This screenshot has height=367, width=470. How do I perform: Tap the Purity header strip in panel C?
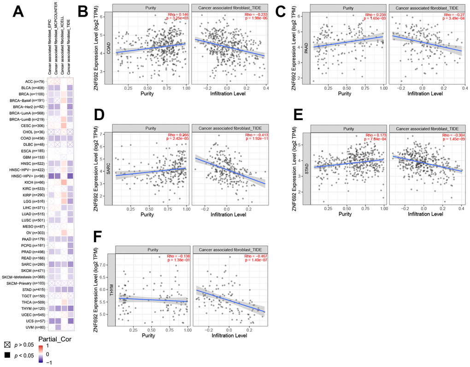[x=348, y=8]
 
